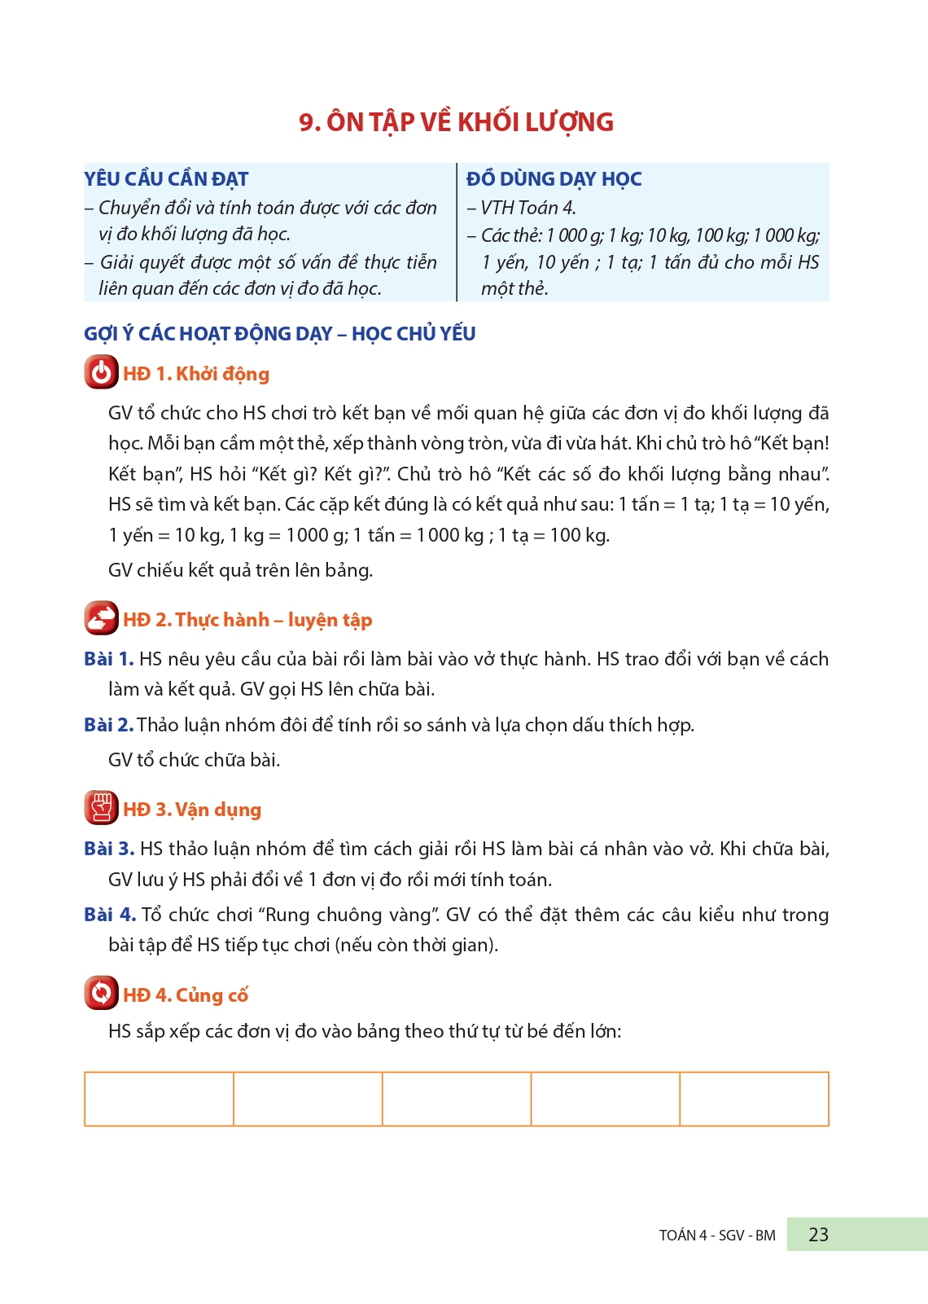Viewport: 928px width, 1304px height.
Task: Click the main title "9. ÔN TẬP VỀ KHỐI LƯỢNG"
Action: click(x=456, y=122)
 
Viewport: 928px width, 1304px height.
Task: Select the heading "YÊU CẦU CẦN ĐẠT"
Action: click(x=166, y=179)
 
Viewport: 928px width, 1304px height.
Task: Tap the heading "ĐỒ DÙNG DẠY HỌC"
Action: click(x=554, y=179)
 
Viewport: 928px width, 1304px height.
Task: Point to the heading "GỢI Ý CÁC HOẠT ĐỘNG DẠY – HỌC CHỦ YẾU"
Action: click(x=279, y=334)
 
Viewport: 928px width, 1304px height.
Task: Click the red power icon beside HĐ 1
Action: click(x=101, y=373)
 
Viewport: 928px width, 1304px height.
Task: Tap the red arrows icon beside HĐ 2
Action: click(x=101, y=619)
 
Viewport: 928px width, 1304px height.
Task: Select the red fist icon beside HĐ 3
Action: click(x=101, y=808)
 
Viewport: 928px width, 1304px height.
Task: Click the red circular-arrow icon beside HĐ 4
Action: click(x=101, y=994)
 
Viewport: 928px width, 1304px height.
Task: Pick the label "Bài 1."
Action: click(x=108, y=659)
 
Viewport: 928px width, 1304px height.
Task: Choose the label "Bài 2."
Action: click(x=108, y=725)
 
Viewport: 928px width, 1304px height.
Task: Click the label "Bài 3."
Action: click(x=108, y=849)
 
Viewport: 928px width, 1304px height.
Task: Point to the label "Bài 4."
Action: click(x=109, y=915)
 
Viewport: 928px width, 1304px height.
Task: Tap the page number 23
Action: click(x=818, y=1235)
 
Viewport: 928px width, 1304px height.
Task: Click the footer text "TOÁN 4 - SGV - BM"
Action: click(x=716, y=1236)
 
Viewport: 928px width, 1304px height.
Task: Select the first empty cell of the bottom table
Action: click(x=159, y=1099)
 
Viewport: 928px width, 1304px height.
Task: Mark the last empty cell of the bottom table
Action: click(x=754, y=1099)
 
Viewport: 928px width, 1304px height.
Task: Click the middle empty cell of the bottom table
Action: click(x=456, y=1099)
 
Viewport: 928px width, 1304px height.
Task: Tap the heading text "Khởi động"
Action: click(x=222, y=374)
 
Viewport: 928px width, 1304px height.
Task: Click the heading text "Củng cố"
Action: click(x=212, y=995)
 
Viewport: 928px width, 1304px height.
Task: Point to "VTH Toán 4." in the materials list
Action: click(x=527, y=209)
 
